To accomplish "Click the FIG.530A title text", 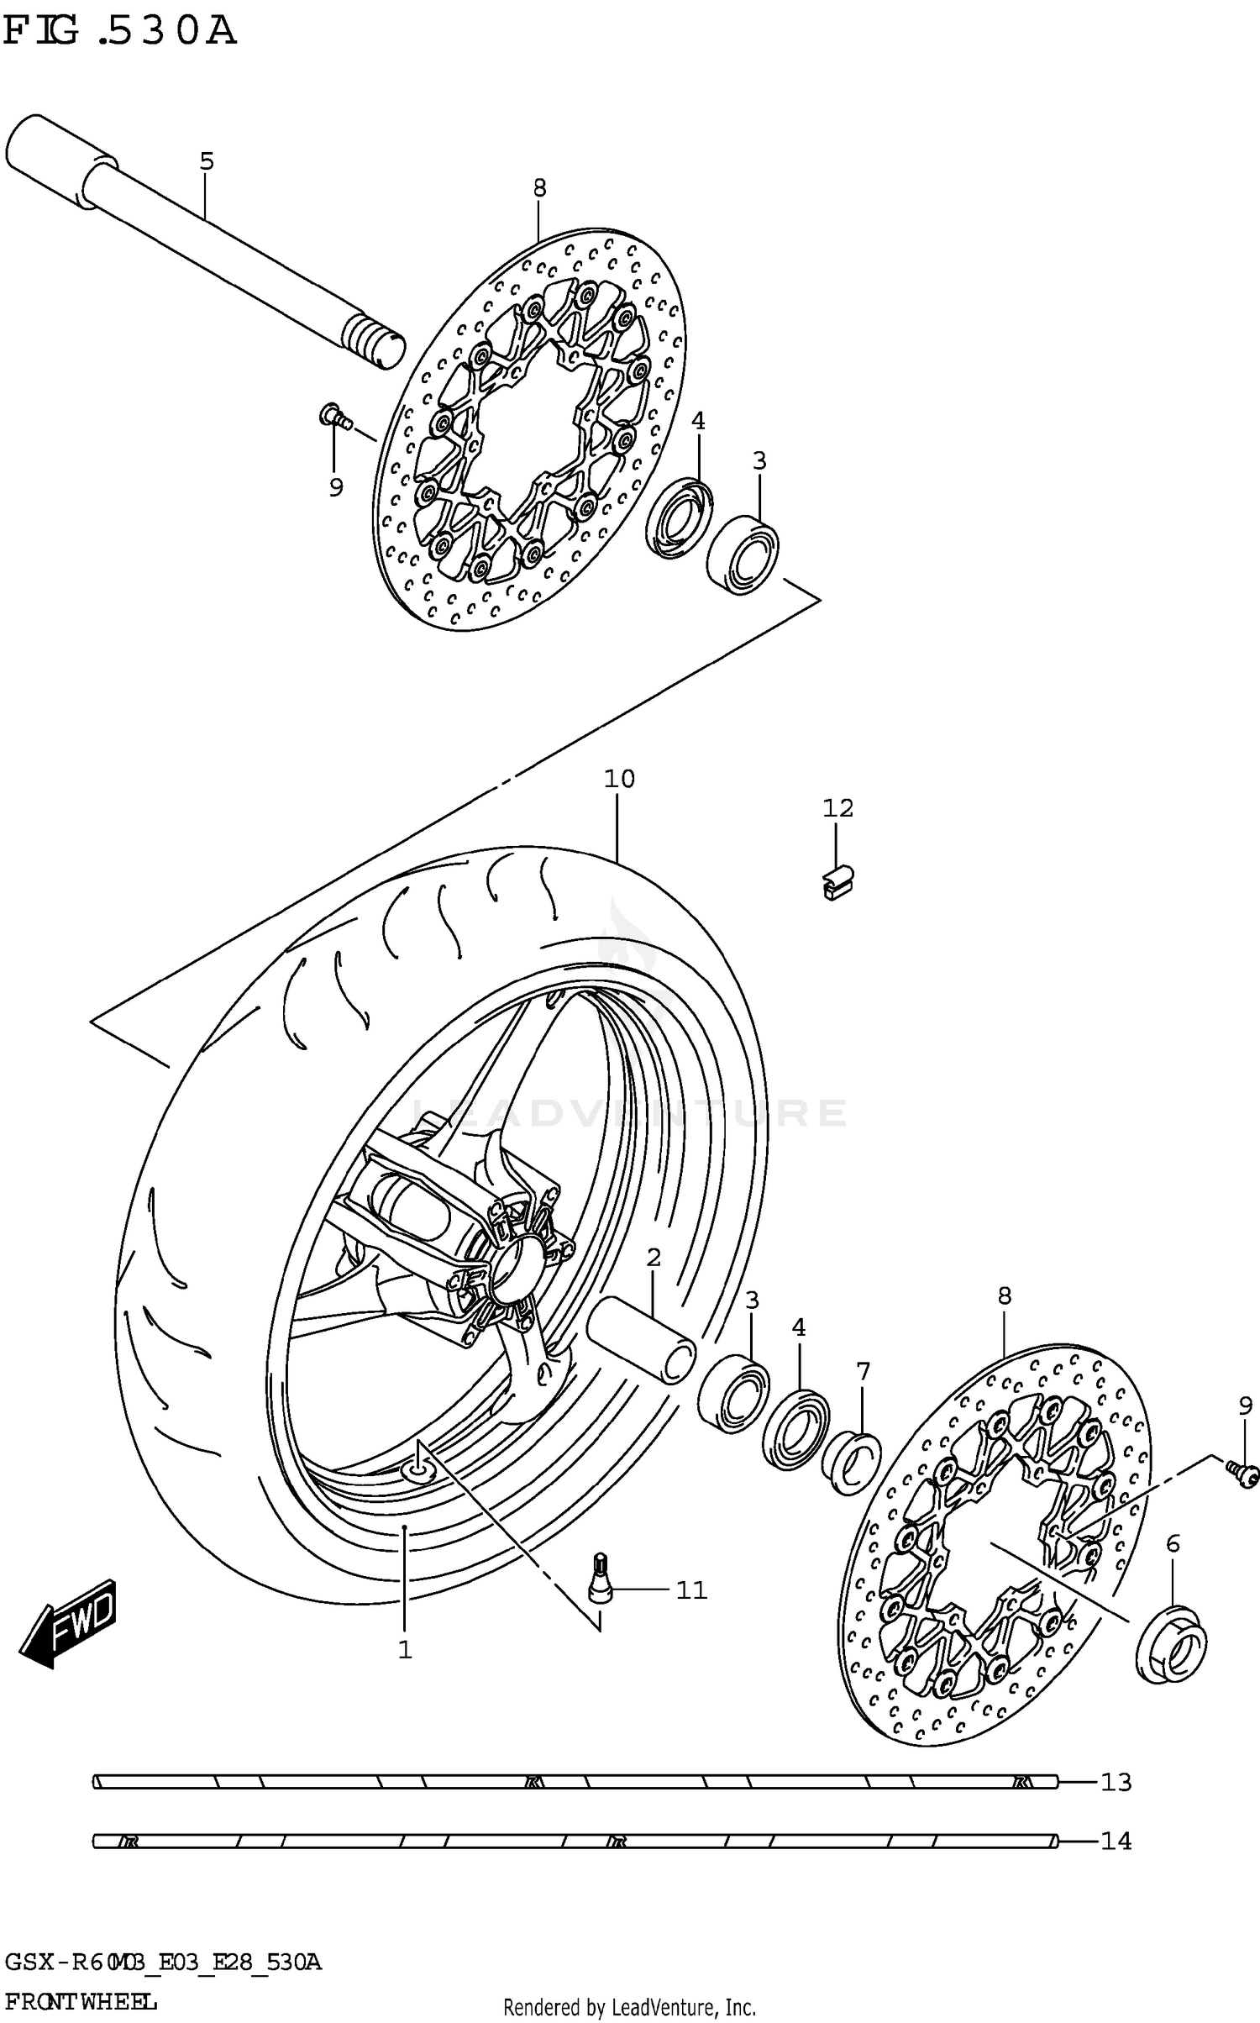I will (119, 32).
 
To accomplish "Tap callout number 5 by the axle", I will (207, 161).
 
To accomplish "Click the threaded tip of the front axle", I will (374, 343).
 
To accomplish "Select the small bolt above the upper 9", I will (333, 415).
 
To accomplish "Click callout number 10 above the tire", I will (619, 779).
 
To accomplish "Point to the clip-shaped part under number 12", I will (837, 883).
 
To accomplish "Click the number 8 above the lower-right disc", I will (1005, 1295).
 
